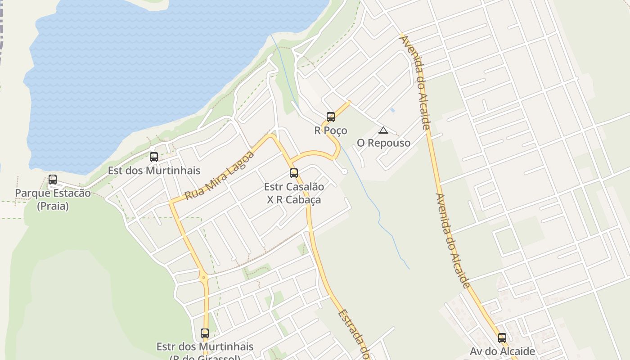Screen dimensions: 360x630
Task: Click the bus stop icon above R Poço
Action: click(331, 117)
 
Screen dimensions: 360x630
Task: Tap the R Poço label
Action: click(331, 130)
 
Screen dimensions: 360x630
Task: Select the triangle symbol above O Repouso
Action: click(383, 130)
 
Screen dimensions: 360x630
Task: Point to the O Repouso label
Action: click(383, 143)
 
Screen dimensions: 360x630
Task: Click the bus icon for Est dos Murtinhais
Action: click(154, 157)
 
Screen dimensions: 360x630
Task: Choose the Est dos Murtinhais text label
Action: click(154, 171)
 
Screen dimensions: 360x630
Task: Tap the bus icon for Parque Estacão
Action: click(53, 180)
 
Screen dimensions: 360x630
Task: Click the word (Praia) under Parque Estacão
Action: click(53, 207)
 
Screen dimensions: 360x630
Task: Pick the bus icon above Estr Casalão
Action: click(294, 173)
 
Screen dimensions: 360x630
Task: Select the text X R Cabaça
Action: click(294, 200)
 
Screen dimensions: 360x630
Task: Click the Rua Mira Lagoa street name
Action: click(220, 175)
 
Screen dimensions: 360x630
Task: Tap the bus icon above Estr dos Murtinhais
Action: click(205, 333)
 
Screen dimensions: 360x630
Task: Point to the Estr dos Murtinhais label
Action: click(205, 347)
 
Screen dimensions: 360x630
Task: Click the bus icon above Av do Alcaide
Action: click(502, 338)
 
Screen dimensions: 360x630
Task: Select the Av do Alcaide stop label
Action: click(502, 351)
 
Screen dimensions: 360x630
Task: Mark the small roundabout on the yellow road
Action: click(204, 278)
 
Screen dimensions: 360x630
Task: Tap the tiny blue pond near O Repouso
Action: click(392, 110)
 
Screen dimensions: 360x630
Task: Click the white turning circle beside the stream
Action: click(345, 171)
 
